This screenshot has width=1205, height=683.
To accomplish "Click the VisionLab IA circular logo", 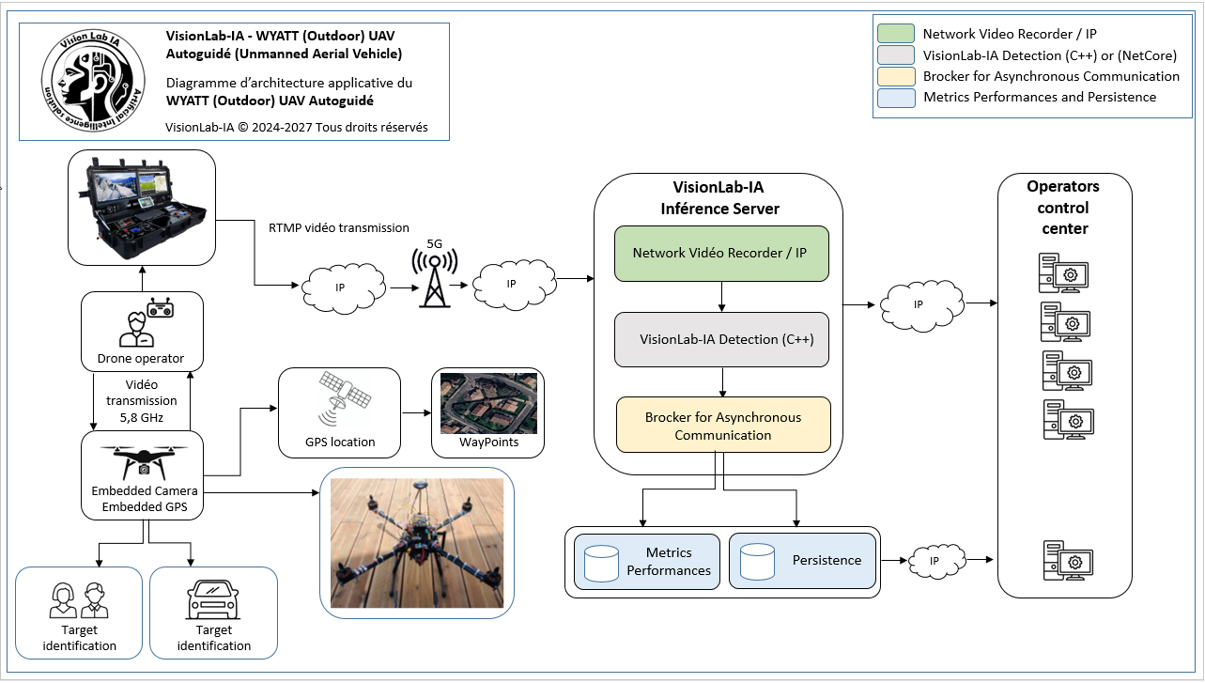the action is pyautogui.click(x=93, y=80).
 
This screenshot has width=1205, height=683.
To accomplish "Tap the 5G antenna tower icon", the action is pyautogui.click(x=435, y=276).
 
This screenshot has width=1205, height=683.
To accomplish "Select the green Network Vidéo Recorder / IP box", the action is pyautogui.click(x=721, y=254).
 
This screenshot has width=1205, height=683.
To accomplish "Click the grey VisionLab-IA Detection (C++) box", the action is pyautogui.click(x=721, y=339).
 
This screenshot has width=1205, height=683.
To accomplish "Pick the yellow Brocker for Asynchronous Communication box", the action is pyautogui.click(x=723, y=425).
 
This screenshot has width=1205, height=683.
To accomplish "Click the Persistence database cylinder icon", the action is pyautogui.click(x=757, y=562).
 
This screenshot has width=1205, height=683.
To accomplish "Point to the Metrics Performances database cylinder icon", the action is pyautogui.click(x=601, y=563).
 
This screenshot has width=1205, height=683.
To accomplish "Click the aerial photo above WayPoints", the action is pyautogui.click(x=488, y=403).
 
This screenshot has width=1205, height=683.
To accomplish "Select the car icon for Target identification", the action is pyautogui.click(x=213, y=599).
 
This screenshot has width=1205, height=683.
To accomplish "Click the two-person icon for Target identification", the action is pyautogui.click(x=79, y=600).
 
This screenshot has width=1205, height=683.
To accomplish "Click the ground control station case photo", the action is pyautogui.click(x=143, y=208).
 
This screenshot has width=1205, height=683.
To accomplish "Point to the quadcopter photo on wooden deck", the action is pyautogui.click(x=417, y=543).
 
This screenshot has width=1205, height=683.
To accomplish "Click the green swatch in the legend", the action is pyautogui.click(x=896, y=34).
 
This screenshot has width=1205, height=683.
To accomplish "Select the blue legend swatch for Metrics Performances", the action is pyautogui.click(x=896, y=98).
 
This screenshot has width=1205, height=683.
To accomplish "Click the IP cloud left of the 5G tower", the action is pyautogui.click(x=344, y=287).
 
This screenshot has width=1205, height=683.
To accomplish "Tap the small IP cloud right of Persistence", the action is pyautogui.click(x=936, y=561).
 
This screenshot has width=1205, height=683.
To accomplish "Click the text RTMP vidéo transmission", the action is pyautogui.click(x=339, y=227).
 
